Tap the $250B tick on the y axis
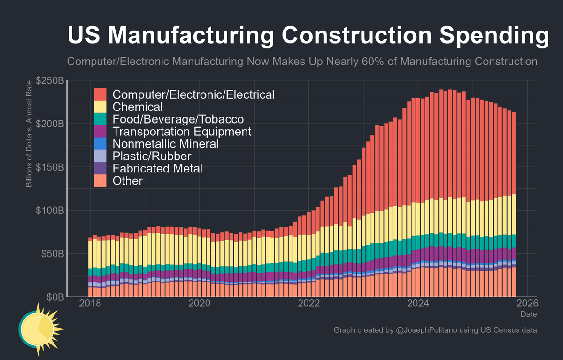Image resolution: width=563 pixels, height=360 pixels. tap(51, 80)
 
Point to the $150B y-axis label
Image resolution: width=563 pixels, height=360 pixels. tap(51, 167)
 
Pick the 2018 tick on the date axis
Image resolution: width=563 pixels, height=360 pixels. tap(90, 304)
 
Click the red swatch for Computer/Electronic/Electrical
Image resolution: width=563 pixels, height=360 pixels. tap(100, 94)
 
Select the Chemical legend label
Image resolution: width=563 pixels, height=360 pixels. tap(138, 107)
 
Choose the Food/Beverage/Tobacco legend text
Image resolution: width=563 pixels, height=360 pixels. tap(178, 119)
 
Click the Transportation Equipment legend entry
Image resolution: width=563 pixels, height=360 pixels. tap(182, 131)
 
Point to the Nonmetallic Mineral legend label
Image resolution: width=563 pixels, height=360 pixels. tap(166, 143)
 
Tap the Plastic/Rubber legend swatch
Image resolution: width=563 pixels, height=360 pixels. tap(100, 156)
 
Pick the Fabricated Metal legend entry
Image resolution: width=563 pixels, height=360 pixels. tap(157, 168)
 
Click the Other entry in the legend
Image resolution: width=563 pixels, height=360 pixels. tap(128, 180)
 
